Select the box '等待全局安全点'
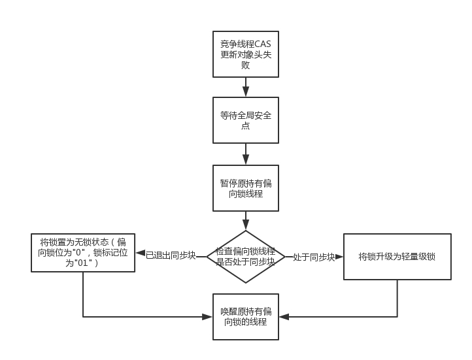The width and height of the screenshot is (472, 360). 246,120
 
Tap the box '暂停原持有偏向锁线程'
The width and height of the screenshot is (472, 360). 246,188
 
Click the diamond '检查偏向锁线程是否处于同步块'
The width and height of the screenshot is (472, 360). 246,257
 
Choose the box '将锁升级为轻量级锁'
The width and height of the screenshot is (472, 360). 397,257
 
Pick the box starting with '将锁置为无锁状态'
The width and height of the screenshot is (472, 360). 83,252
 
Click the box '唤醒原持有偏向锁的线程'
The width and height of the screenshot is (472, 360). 246,317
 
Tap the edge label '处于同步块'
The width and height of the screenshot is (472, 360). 314,257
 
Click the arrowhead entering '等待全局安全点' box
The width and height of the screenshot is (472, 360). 246,92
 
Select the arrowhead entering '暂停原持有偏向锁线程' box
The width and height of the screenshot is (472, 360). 246,159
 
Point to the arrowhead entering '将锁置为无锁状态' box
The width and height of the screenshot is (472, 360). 140,253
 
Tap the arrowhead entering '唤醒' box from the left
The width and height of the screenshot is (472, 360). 208,317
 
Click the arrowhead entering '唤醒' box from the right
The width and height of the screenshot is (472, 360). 284,317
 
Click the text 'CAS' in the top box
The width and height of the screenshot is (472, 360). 260,44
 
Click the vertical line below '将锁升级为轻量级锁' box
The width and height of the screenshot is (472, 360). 397,299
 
